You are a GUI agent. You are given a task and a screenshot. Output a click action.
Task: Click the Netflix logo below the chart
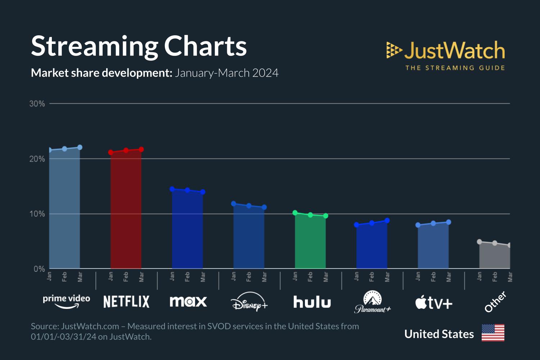126,302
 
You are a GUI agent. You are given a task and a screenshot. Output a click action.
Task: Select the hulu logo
312,302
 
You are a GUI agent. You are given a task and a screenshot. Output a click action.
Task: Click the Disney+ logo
249,302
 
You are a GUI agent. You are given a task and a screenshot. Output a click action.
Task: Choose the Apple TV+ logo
434,302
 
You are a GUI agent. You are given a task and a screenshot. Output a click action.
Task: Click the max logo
188,302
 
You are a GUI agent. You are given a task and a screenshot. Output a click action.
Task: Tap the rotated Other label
495,302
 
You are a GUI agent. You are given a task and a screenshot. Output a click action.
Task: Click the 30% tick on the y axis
37,104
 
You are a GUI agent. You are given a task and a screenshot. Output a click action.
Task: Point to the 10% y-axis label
37,214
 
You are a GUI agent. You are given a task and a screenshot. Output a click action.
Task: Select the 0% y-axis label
39,269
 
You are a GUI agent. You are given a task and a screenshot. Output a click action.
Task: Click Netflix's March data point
141,149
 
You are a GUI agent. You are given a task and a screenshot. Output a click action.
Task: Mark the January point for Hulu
295,213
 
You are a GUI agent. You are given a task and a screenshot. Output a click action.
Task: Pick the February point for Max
187,190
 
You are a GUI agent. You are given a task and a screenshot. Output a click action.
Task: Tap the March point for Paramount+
387,221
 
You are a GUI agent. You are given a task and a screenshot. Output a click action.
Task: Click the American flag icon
493,333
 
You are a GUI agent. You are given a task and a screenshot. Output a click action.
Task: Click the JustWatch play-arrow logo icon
394,50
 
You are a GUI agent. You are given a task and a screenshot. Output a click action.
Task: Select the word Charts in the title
206,46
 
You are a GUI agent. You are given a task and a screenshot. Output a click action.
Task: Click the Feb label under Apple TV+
433,277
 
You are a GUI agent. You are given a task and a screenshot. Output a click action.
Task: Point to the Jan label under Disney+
234,276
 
